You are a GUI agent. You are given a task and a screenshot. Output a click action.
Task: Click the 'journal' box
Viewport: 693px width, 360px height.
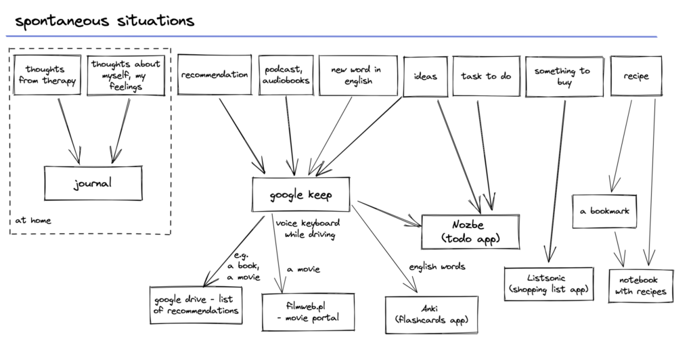[x=93, y=183]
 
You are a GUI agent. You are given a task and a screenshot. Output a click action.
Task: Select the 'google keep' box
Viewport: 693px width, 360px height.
[x=301, y=194]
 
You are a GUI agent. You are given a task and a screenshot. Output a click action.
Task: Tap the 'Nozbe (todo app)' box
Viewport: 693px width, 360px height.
[x=470, y=232]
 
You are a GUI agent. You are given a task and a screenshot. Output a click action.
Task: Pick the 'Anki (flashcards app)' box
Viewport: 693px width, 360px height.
[x=431, y=315]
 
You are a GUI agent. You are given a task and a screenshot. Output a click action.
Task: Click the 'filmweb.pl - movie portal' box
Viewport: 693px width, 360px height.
[x=308, y=312]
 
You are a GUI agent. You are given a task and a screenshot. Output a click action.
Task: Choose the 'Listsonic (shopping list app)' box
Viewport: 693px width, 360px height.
[x=549, y=284]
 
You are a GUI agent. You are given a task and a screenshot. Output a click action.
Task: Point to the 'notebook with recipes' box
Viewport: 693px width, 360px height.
[x=641, y=286]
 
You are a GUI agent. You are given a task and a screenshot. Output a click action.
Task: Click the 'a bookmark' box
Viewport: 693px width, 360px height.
[x=604, y=211]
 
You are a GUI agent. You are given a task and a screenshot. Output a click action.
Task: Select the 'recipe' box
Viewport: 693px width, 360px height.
[x=636, y=76]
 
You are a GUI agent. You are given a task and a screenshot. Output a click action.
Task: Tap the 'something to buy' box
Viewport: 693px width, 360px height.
[x=564, y=76]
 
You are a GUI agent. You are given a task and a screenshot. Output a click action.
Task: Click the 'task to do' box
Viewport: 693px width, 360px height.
[x=486, y=76]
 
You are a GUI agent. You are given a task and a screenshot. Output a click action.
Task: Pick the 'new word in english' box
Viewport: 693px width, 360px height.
[x=358, y=75]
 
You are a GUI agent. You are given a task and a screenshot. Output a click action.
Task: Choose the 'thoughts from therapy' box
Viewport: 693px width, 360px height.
[x=47, y=74]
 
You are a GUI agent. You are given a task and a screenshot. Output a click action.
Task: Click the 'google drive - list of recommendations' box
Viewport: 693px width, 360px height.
[x=196, y=305]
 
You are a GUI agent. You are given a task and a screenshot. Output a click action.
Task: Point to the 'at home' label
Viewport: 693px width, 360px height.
[x=33, y=220]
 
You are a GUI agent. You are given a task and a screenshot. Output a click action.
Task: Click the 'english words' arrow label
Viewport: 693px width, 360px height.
[x=437, y=267]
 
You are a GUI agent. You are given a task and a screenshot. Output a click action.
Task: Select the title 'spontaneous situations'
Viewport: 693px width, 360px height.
[x=105, y=21]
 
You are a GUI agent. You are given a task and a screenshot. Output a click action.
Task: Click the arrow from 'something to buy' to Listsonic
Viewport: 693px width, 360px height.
[x=558, y=181]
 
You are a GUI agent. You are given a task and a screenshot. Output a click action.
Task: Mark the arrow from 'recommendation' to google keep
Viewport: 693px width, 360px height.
[x=242, y=135]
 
